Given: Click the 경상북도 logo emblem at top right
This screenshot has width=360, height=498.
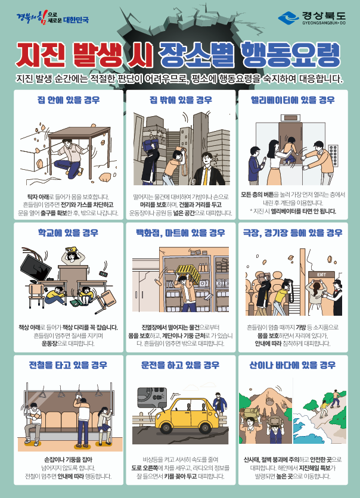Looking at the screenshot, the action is (x=288, y=17).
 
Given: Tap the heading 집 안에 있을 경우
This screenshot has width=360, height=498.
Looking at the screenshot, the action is (x=69, y=100).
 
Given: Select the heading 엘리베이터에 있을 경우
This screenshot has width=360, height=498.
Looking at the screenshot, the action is (x=293, y=100).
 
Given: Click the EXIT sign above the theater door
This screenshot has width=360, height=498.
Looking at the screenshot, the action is (x=321, y=275).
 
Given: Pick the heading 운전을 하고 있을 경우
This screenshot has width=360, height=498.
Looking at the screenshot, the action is (x=180, y=365).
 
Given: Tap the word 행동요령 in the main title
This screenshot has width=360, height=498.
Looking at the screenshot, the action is (x=290, y=55).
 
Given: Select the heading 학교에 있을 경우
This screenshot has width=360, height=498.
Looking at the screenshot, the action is (x=68, y=233).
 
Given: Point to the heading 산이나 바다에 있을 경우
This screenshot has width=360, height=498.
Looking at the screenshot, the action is (x=293, y=365).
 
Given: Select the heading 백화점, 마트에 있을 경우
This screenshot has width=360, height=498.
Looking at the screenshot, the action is (x=181, y=233).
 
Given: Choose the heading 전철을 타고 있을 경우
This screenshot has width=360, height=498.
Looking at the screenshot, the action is (x=68, y=365).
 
